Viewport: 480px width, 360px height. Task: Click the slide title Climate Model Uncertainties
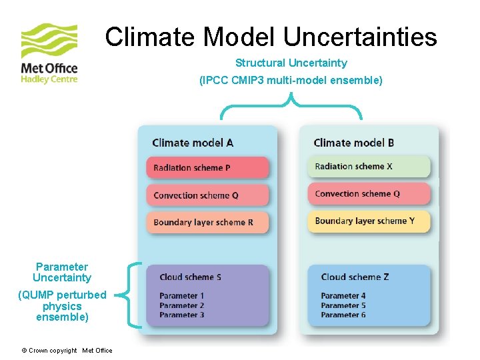(x=271, y=37)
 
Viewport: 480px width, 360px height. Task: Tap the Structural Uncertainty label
(x=291, y=63)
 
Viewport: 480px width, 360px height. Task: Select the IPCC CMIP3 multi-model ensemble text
(x=291, y=81)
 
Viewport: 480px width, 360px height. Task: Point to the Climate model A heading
(x=193, y=143)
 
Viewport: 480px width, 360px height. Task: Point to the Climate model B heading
(x=353, y=143)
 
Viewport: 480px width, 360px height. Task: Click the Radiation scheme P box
(x=207, y=168)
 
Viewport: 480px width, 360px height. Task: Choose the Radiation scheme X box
(x=369, y=167)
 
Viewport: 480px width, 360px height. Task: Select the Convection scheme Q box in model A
(x=207, y=195)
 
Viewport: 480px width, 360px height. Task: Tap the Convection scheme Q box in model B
(x=369, y=194)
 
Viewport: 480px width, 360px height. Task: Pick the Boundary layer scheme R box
(x=207, y=223)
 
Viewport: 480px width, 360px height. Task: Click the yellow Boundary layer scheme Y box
(x=369, y=221)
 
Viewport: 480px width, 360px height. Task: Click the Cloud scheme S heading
(x=191, y=277)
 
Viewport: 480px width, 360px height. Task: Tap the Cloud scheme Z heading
(x=355, y=277)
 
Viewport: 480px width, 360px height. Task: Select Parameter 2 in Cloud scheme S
(x=182, y=305)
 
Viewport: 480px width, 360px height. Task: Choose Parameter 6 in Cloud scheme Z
(x=343, y=315)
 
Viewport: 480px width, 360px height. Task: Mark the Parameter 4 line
(x=343, y=296)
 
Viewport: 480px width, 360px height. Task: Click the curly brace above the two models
(x=291, y=107)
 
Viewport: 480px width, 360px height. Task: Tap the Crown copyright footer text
(x=67, y=351)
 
